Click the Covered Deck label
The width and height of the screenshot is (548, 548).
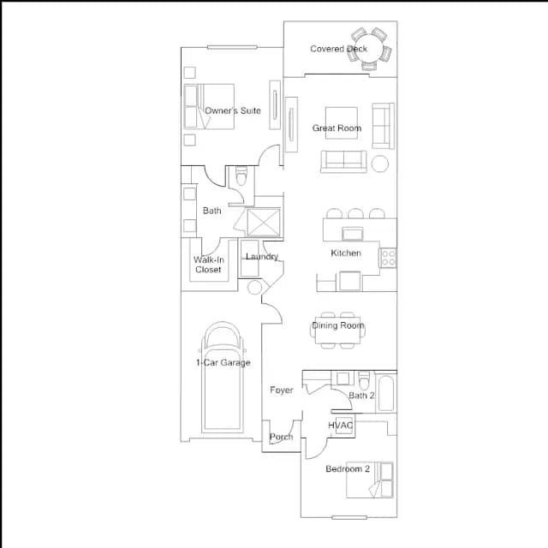pos(338,49)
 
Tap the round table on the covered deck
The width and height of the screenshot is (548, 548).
pos(370,49)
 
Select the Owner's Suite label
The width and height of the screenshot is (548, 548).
pos(233,110)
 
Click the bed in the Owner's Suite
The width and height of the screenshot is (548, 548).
pos(209,106)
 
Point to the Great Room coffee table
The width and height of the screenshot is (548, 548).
pos(342,123)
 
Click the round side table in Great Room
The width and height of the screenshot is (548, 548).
pos(380,164)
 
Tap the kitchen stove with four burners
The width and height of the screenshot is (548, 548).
pos(388,258)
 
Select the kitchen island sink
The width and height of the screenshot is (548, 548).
pos(353,234)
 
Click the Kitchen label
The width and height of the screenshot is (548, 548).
pos(346,253)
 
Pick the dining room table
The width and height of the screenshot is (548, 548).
pos(338,331)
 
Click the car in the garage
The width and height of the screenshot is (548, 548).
pos(223,378)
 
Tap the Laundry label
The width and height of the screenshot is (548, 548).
pos(262,257)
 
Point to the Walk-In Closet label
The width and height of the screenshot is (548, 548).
pos(209,265)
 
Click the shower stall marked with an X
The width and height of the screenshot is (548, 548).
pos(264,223)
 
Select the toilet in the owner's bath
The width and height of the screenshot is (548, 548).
pos(241,176)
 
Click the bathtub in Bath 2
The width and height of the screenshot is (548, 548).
pos(386,393)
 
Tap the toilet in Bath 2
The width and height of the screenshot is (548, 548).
pos(364,380)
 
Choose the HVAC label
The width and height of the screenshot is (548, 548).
pos(341,426)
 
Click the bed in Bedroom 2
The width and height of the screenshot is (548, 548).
pos(370,479)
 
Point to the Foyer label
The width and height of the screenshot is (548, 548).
pos(282,390)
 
